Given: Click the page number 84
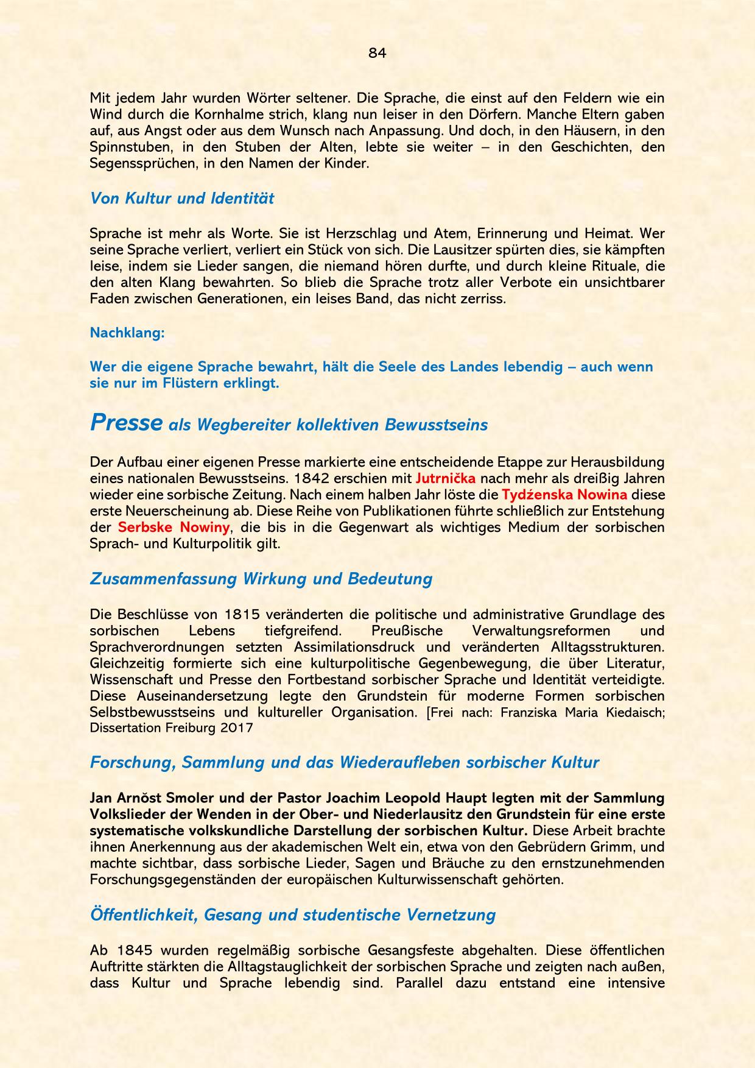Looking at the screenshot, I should (377, 53).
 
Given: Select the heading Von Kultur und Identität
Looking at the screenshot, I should (181, 198).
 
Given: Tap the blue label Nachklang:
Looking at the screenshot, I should (127, 333).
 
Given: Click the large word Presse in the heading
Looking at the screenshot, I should (126, 423).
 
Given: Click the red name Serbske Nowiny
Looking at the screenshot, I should (174, 527).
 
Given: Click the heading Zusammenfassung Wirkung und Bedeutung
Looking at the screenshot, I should (261, 578).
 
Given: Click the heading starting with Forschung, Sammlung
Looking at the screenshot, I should (344, 762).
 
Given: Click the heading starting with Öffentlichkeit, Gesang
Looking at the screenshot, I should (292, 914).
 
